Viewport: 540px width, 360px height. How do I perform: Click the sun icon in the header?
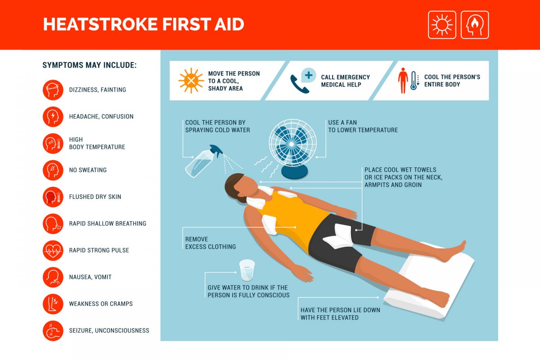pos(442,25)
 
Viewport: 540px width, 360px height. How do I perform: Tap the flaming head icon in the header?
pos(475,25)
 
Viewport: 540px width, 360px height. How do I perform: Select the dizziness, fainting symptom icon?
pos(53,90)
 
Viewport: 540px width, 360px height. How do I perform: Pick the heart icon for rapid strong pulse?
pos(53,251)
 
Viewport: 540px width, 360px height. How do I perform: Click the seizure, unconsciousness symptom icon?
pos(53,331)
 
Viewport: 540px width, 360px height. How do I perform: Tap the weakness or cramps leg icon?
pos(53,304)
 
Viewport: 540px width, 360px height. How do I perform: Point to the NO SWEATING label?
pos(88,170)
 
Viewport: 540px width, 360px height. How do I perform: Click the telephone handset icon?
pos(299,84)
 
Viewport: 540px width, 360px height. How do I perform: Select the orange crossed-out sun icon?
pos(191,81)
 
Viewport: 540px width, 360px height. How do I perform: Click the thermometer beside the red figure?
pos(414,81)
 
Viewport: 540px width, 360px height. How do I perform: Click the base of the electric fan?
pos(294,172)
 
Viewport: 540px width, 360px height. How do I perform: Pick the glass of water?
pos(247,270)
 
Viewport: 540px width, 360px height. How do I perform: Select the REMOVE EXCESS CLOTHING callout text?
pos(211,243)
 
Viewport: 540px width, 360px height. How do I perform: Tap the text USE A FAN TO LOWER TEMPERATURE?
pos(363,126)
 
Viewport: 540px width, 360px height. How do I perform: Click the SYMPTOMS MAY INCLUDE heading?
pos(90,65)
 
